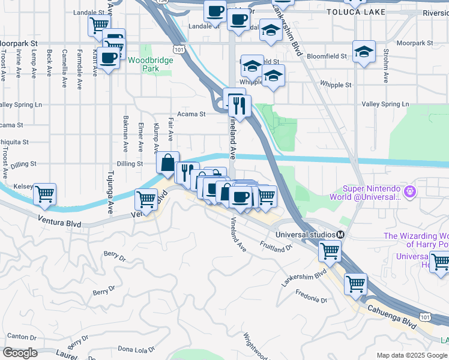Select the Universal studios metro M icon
click(x=340, y=235)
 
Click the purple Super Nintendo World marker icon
click(x=410, y=192)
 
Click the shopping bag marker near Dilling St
click(x=167, y=163)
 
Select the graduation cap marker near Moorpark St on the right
click(x=364, y=52)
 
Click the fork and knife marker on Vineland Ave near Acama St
click(x=240, y=106)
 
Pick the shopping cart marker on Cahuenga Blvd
click(x=355, y=283)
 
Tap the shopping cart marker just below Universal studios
click(x=329, y=251)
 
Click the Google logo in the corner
click(x=20, y=353)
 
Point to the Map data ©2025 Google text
click(x=412, y=355)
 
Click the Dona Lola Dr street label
click(x=136, y=348)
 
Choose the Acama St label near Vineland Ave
click(x=191, y=113)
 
